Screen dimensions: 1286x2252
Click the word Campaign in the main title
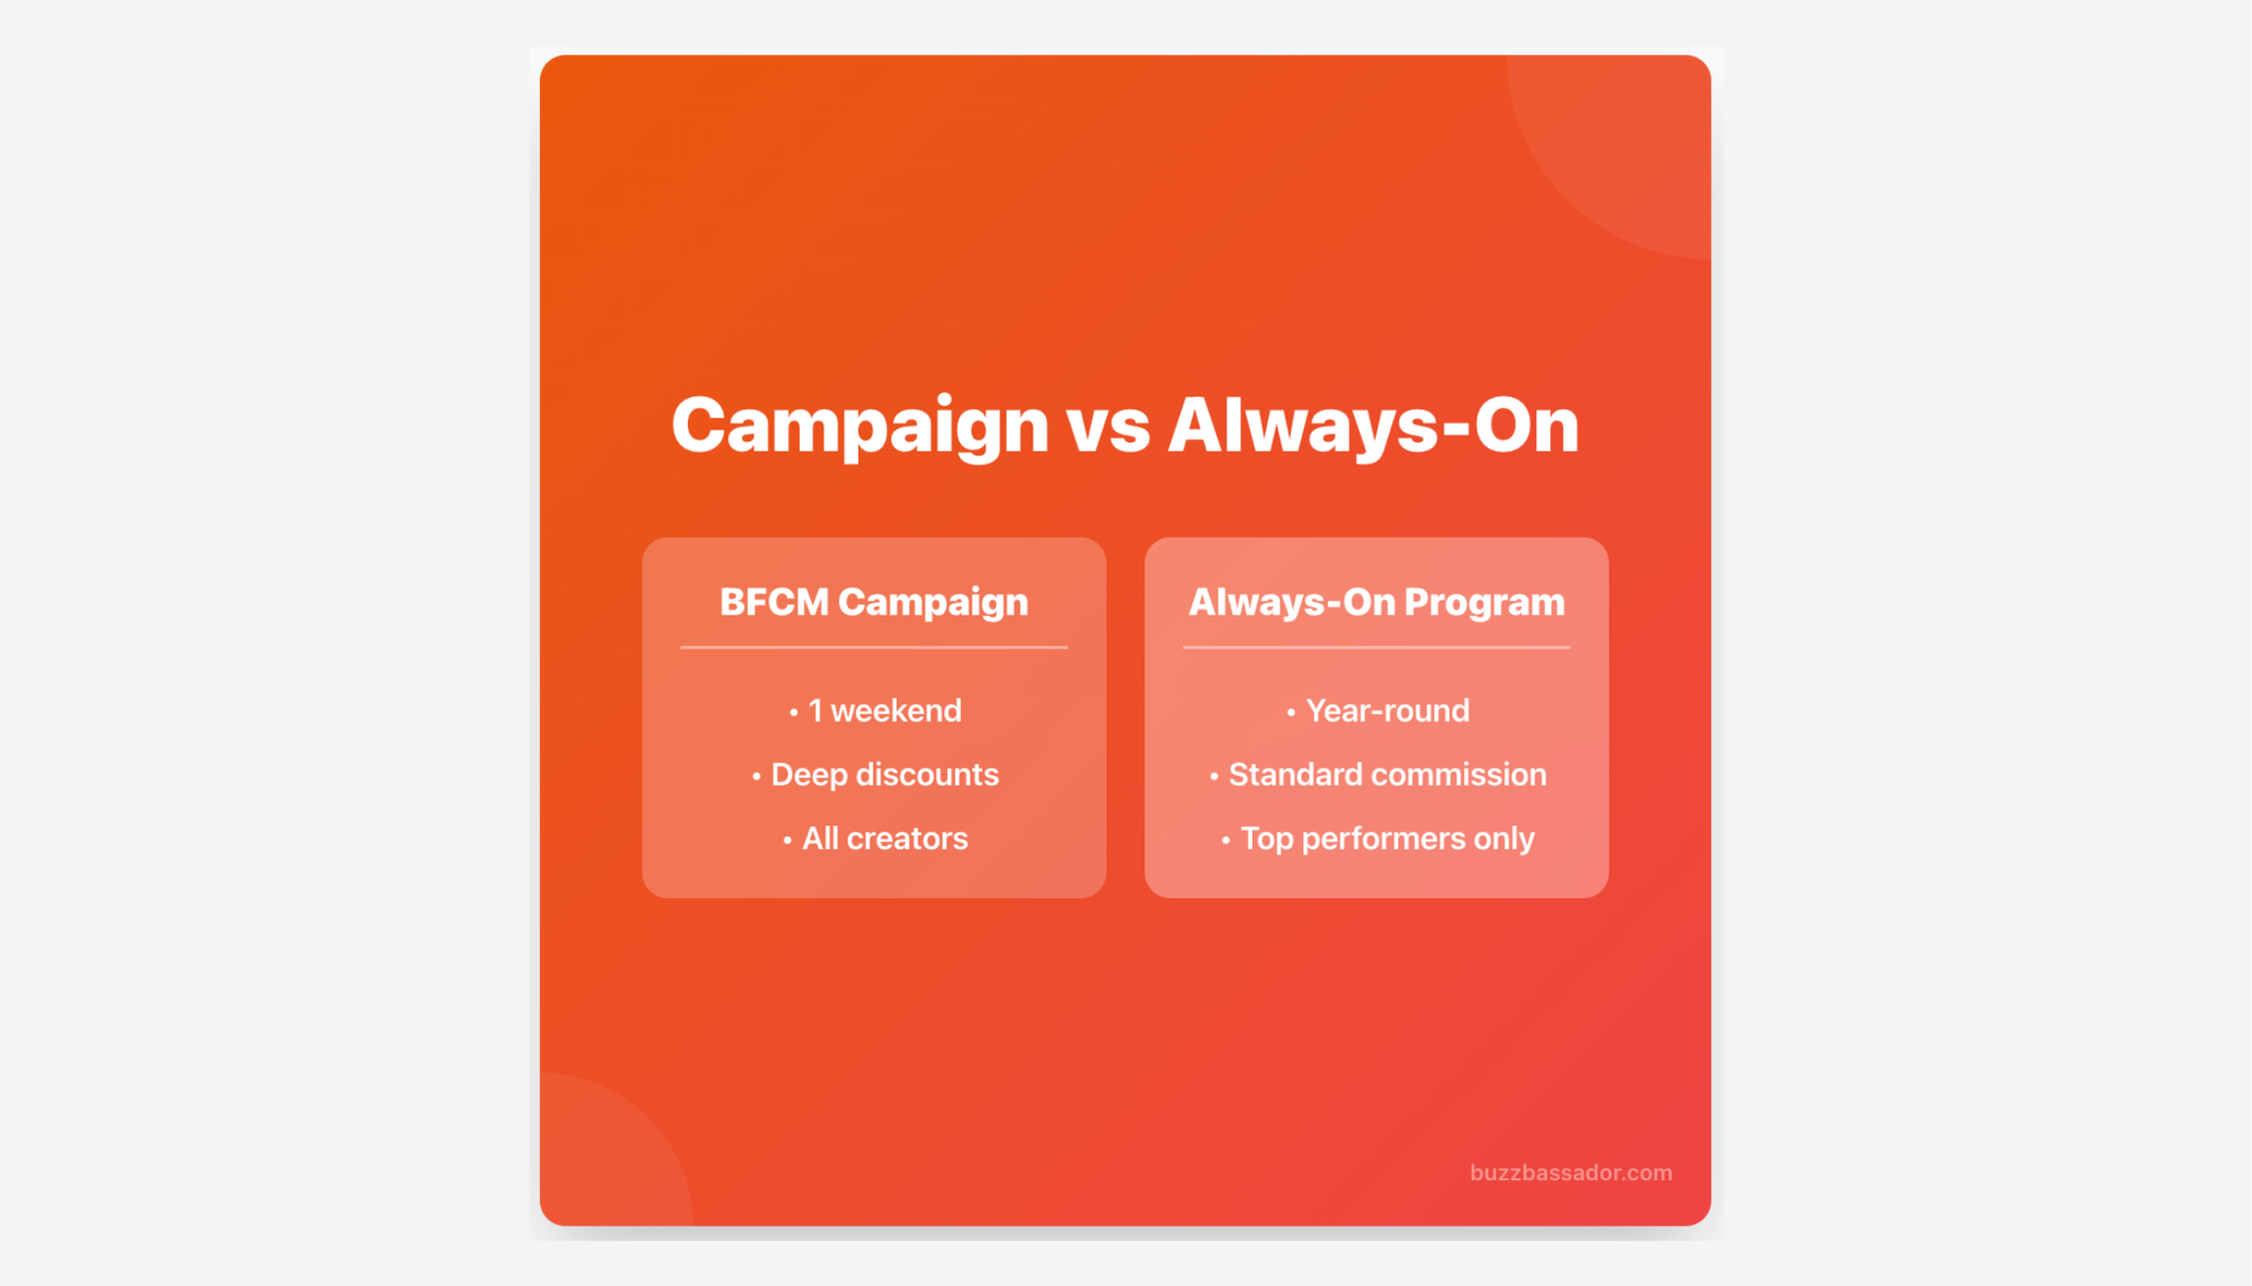tap(860, 425)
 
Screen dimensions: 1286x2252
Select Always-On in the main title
tap(1373, 425)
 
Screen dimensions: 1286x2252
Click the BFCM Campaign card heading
tap(874, 602)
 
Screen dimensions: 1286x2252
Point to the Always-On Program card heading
tap(1376, 602)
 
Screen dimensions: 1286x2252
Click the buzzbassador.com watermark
tap(1571, 1172)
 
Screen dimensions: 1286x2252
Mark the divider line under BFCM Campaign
tap(874, 647)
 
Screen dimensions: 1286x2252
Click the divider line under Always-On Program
tap(1376, 647)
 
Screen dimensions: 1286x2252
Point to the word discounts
tap(927, 774)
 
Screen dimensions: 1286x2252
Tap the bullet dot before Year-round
tap(1291, 713)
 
